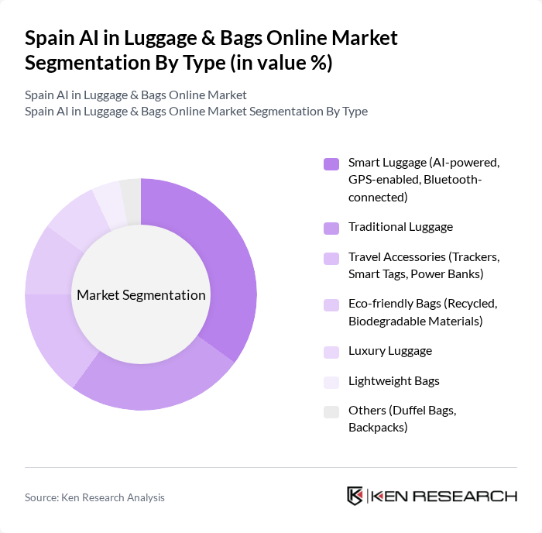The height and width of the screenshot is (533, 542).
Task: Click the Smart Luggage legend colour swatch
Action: tap(331, 163)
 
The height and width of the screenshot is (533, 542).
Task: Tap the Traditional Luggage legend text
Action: tap(400, 227)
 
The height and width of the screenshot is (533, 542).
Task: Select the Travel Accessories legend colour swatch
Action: tap(331, 258)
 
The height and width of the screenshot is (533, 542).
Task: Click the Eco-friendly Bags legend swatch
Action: tap(331, 304)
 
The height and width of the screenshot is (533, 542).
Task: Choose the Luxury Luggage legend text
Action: tap(389, 351)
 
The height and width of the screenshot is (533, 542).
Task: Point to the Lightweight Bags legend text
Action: tap(393, 381)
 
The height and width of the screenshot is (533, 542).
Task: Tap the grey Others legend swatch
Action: tap(331, 411)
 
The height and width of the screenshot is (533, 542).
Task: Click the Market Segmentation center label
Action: tap(141, 295)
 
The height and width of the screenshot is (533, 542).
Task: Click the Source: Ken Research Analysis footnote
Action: tap(94, 497)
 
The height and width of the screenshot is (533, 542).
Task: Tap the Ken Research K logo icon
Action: tap(355, 497)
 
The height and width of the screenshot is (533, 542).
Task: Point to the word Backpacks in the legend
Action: tap(377, 427)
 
